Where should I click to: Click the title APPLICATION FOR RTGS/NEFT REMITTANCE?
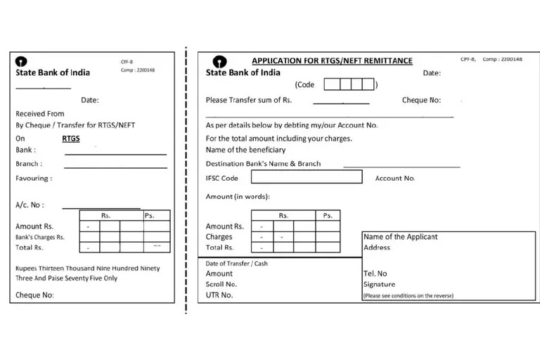pos(332,61)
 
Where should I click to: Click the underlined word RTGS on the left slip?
pos(71,139)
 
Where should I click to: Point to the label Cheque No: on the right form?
pos(421,101)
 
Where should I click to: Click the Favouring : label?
pos(34,179)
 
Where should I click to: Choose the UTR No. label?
pos(219,295)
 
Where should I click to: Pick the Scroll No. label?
pos(221,284)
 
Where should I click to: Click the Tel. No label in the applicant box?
pos(375,274)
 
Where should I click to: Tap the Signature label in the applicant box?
pos(379,285)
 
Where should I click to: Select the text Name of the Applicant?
pos(400,237)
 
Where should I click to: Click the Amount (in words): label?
pos(238,196)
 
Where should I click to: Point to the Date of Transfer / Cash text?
pos(236,264)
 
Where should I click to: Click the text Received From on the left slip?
pos(40,113)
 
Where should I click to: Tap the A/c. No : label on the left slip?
pos(30,205)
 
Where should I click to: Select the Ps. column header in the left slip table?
pos(150,216)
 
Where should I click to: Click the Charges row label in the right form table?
pos(219,237)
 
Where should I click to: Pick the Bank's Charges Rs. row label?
pos(40,237)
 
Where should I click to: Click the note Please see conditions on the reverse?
pos(409,295)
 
